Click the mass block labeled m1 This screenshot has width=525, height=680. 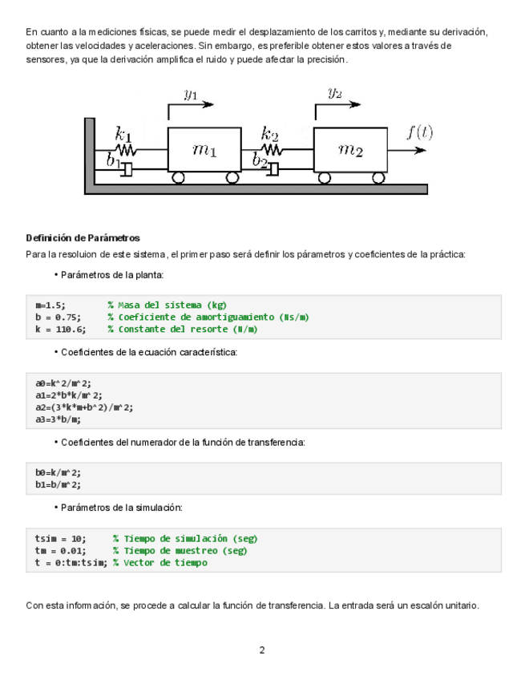point(204,149)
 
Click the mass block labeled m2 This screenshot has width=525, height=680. point(350,149)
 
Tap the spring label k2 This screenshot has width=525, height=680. point(270,133)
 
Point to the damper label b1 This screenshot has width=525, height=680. point(113,160)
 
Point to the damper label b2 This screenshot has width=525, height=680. point(259,160)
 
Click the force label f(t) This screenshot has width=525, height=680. point(419,132)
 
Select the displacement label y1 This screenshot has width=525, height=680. point(191,95)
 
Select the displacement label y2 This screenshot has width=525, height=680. point(335,92)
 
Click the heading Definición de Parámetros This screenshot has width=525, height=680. point(83,238)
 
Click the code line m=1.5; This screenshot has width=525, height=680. point(50,306)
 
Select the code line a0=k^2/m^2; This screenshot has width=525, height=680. point(58,383)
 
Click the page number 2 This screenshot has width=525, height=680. point(262,650)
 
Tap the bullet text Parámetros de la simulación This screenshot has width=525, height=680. point(122,508)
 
